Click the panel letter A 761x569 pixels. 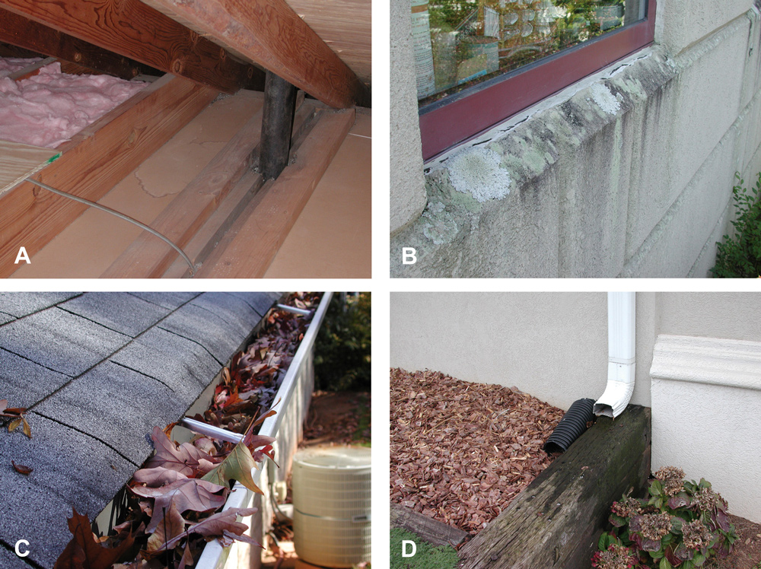[23, 256]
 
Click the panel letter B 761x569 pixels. [409, 256]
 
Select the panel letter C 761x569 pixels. [23, 547]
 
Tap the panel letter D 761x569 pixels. [409, 547]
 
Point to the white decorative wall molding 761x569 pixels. [704, 361]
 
